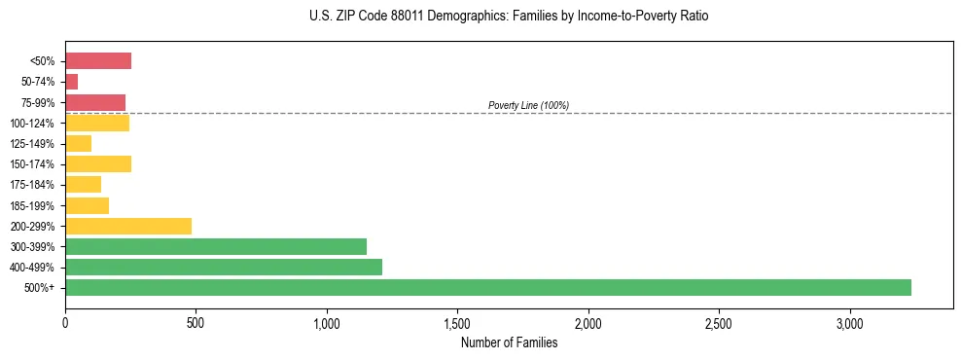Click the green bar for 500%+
487,287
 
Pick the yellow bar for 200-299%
128,226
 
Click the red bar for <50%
98,61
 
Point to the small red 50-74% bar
71,82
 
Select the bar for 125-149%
78,144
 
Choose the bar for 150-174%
98,164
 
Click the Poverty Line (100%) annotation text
528,105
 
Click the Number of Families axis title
510,342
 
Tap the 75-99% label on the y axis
38,103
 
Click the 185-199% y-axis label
34,206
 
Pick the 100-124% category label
34,124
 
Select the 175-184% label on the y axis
34,185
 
